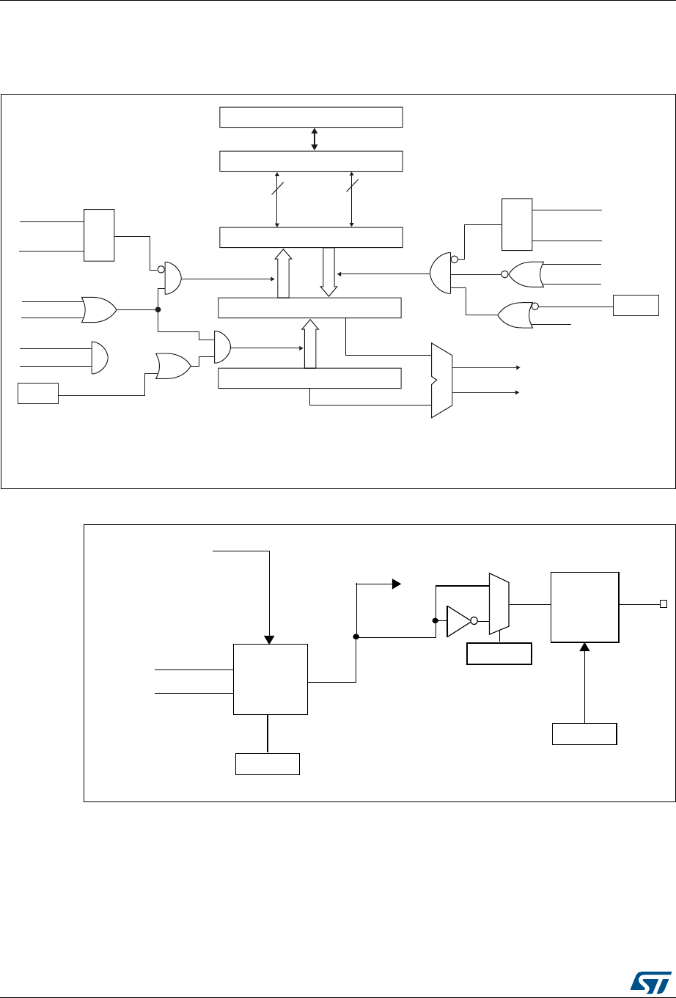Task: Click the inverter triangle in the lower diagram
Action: point(458,620)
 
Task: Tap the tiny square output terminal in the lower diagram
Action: point(663,604)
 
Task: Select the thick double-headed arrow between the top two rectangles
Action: point(315,139)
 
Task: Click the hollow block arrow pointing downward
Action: point(328,271)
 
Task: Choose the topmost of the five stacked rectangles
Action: point(312,117)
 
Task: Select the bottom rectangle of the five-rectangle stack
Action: point(311,378)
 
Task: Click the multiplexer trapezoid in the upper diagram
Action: point(442,380)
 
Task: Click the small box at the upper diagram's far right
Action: point(636,304)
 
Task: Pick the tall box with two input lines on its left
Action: point(99,235)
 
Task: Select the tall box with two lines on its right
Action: point(517,224)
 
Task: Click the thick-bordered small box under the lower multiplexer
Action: point(499,653)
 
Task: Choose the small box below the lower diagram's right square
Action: point(584,734)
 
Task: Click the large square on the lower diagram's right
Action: point(584,597)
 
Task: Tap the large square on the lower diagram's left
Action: point(271,679)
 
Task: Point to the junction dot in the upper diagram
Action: point(158,309)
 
